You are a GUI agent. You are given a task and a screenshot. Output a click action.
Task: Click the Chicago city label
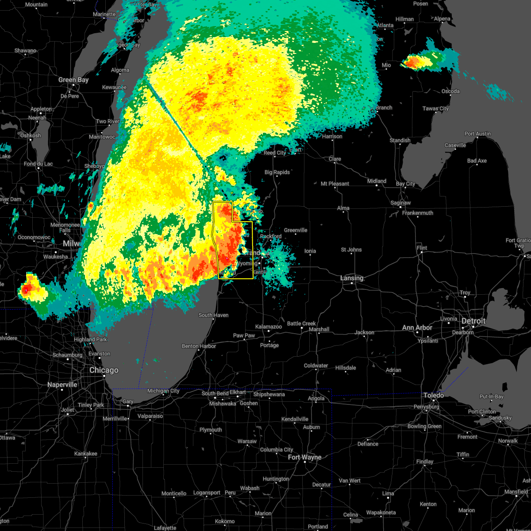[x=104, y=370]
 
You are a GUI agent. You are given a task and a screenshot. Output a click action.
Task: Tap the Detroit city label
[x=473, y=321]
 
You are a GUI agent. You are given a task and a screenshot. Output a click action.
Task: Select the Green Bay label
[x=73, y=80]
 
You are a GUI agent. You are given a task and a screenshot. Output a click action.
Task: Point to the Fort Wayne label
[x=305, y=457]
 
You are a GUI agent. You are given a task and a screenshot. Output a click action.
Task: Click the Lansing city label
[x=352, y=278]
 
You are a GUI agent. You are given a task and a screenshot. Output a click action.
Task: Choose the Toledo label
[x=433, y=395]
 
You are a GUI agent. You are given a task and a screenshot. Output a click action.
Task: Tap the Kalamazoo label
[x=269, y=327]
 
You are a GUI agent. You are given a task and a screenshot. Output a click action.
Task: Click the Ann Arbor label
[x=417, y=328]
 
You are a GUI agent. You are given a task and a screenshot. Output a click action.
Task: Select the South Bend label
[x=215, y=394]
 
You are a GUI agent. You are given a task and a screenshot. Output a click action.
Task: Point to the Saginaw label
[x=400, y=203]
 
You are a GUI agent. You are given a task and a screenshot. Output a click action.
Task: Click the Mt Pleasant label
[x=335, y=184]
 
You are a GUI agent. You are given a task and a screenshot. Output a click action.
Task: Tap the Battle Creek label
[x=301, y=323]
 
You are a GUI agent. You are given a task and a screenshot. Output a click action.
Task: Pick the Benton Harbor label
[x=199, y=346]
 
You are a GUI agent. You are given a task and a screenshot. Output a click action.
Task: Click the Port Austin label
[x=477, y=134]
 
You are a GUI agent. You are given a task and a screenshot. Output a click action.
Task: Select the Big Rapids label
[x=277, y=172]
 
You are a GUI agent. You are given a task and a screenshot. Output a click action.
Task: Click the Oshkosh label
[x=31, y=135]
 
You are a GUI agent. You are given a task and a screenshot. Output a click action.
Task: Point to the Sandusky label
[x=500, y=418]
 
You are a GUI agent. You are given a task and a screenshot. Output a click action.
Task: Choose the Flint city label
[x=422, y=248]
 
